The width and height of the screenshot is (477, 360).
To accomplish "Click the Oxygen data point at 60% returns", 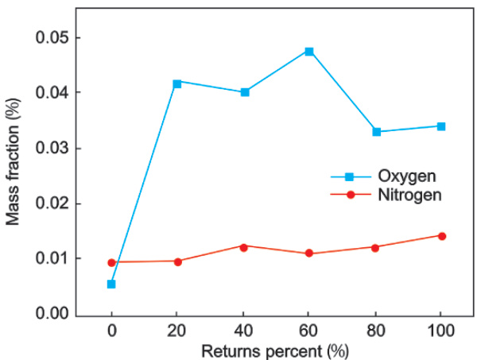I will (309, 52).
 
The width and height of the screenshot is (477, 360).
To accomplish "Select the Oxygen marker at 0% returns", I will (111, 284).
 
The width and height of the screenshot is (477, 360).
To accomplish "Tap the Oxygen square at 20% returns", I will (177, 83).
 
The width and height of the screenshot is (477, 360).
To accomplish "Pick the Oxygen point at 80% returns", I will (376, 132).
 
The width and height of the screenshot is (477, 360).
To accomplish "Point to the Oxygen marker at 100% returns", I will (441, 126).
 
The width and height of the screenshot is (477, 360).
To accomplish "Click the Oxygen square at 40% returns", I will (244, 92).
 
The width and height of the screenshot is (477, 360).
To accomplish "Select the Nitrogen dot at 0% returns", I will (111, 262).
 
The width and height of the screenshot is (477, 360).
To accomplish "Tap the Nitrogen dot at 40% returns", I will (244, 246).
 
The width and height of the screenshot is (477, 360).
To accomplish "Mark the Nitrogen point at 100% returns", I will (441, 235).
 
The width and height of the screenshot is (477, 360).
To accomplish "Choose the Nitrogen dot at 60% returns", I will (309, 254).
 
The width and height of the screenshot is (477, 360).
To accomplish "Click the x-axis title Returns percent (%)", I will (276, 349).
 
